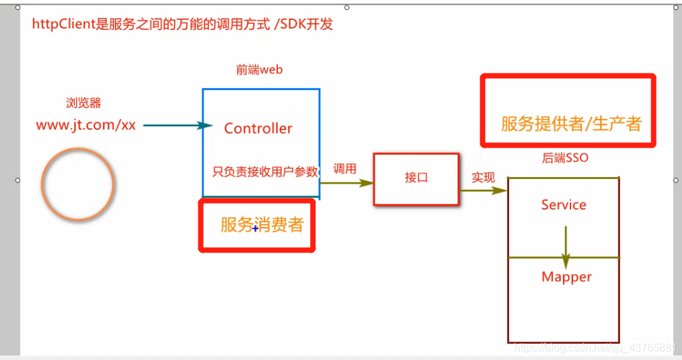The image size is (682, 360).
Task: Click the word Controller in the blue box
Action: [258, 128]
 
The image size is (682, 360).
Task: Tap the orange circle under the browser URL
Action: [77, 184]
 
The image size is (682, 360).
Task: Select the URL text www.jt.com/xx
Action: [86, 125]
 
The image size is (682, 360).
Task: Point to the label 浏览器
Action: [83, 103]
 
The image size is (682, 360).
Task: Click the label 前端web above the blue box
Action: [259, 69]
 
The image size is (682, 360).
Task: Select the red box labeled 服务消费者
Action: [257, 225]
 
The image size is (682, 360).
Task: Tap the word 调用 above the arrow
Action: [345, 169]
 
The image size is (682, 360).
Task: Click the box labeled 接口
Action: [416, 178]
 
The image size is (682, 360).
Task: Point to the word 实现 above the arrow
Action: [483, 177]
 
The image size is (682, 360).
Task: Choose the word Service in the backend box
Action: [563, 205]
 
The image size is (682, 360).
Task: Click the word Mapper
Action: [566, 277]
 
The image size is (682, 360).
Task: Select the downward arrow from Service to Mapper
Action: [566, 246]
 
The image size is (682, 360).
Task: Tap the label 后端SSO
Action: [565, 158]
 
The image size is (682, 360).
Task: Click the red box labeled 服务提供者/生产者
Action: [568, 111]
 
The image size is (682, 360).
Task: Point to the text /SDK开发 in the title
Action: [304, 25]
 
